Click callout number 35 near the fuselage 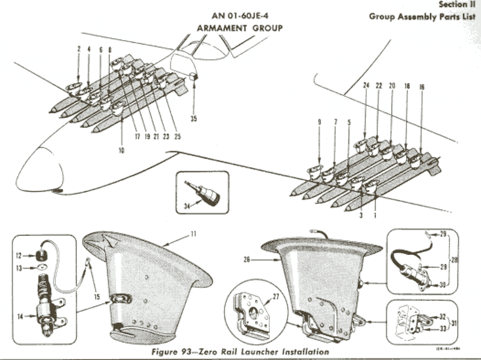(x=194, y=118)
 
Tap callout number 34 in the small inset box (x=186, y=206)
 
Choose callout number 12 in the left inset (x=18, y=255)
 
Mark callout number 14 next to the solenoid (x=18, y=316)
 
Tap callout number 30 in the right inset (x=442, y=285)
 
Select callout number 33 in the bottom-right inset (x=442, y=329)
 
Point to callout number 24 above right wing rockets (x=366, y=86)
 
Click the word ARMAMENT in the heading (x=220, y=28)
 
